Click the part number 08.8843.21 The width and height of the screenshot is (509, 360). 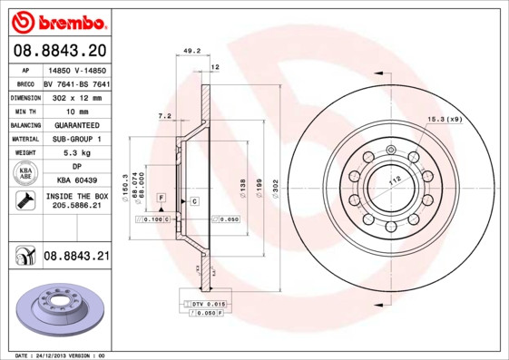pos(76,258)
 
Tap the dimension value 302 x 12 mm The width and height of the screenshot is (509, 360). pos(76,95)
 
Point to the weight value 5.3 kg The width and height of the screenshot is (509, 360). pos(76,153)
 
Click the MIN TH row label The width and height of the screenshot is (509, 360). pos(24,110)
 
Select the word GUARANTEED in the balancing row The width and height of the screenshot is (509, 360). pos(76,124)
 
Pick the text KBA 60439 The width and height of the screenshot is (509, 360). pos(76,181)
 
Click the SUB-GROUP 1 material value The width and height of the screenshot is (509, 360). pos(76,139)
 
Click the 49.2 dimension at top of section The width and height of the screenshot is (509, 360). pos(191,52)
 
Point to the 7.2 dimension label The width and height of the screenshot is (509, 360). pos(164,116)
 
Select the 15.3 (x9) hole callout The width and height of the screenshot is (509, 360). pos(445,120)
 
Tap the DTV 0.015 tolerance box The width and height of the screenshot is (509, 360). pos(208,304)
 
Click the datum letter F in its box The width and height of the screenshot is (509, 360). pos(161,197)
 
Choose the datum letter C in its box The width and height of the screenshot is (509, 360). pos(194,199)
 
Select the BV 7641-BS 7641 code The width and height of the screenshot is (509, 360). pos(76,82)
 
